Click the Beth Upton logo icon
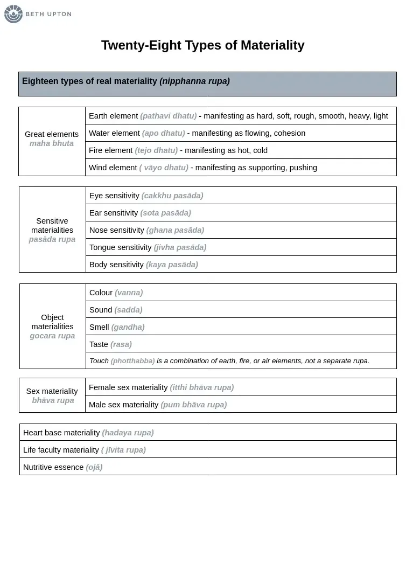point(13,14)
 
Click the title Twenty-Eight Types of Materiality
point(202,45)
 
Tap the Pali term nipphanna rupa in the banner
point(194,81)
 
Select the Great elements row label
point(52,139)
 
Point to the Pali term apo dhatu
point(163,133)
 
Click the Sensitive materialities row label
point(52,230)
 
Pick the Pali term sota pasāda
point(165,213)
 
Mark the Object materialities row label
point(52,327)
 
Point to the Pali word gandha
point(128,327)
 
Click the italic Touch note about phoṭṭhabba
point(229,361)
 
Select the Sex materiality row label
point(52,395)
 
